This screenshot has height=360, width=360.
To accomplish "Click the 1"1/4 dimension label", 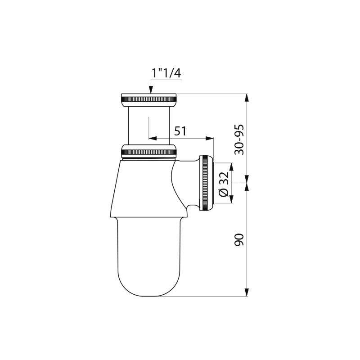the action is point(166,73).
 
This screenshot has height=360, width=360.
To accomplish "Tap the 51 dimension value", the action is point(180,131).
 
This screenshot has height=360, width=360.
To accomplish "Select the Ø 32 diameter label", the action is point(224,184).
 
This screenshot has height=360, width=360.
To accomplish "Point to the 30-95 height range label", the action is point(239,139).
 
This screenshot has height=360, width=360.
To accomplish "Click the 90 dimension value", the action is point(239,240).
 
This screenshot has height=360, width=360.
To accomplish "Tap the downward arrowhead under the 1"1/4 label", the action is point(151,89).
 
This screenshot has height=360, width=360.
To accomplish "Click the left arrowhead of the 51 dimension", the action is point(153,138).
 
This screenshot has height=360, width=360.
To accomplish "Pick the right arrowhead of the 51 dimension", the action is point(209,138).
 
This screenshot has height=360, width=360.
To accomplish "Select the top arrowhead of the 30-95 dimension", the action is point(247,98).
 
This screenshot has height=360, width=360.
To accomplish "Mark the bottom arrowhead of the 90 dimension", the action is point(247,292).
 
